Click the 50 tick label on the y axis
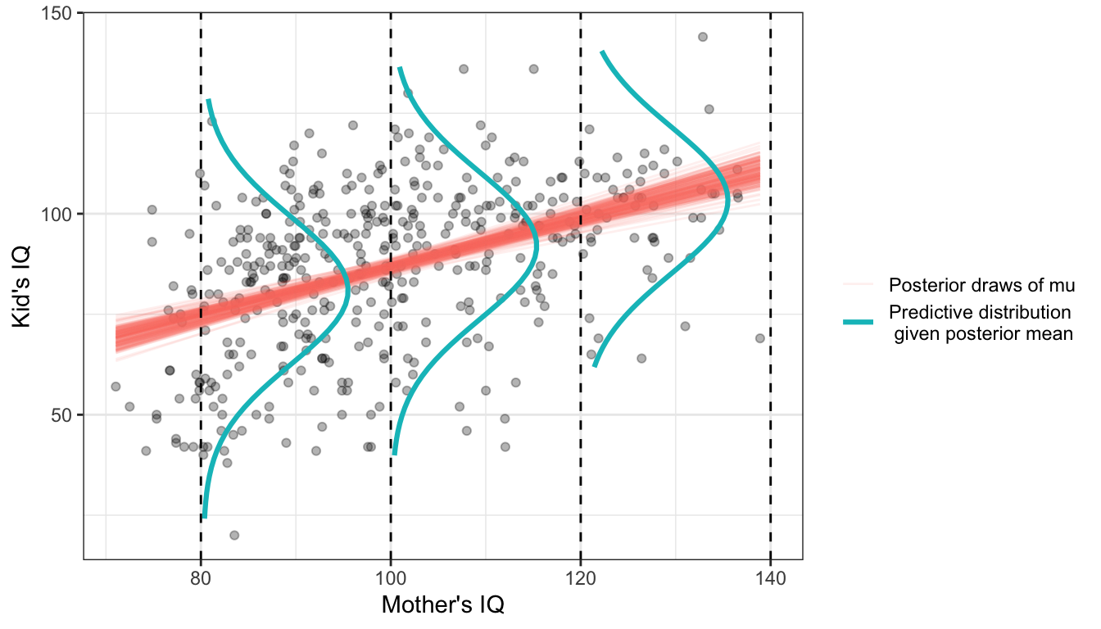62,414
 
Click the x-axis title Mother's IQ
442,606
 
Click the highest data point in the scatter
703,37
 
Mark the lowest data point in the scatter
234,535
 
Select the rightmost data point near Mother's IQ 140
760,338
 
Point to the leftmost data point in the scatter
116,386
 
